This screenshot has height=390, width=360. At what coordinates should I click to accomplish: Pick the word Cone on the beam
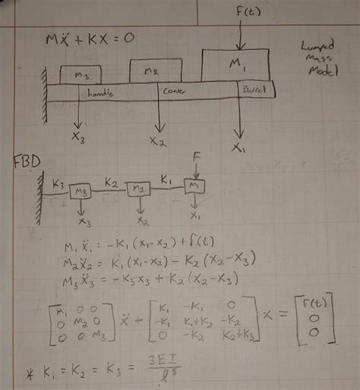pos(173,90)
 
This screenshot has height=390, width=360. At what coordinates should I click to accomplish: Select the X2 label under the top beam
pos(158,141)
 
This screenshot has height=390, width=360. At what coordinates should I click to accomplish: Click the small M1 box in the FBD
pos(194,185)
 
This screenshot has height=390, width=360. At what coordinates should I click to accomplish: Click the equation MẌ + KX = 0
pos(90,39)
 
